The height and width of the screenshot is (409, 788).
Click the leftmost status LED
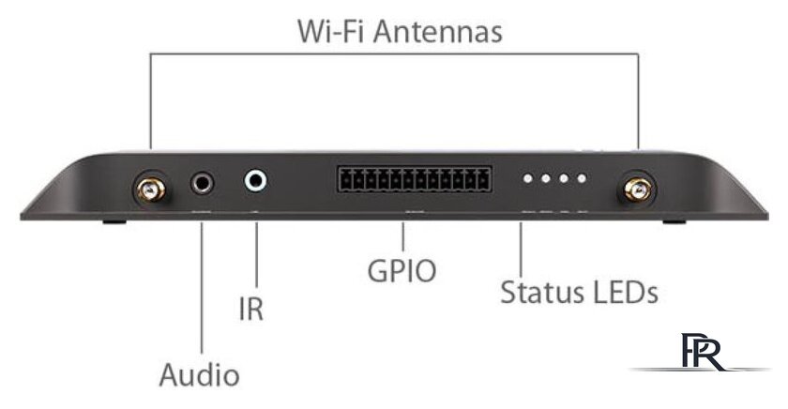pos(527,178)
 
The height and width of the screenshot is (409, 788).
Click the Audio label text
pos(199,374)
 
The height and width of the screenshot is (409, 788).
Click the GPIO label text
pos(402,272)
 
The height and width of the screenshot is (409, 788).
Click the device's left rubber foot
pos(114,221)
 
